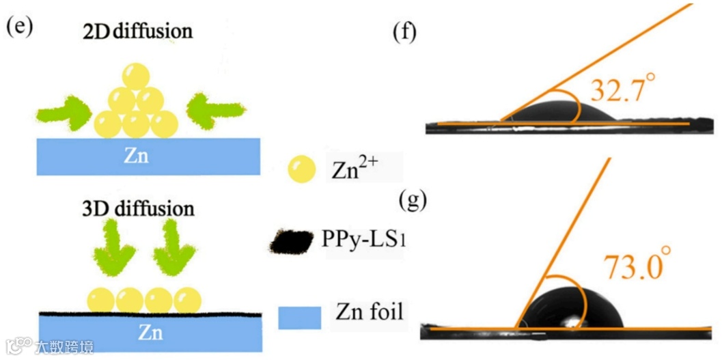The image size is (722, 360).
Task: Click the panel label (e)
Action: click(18, 27)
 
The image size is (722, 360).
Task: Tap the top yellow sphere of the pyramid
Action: click(136, 76)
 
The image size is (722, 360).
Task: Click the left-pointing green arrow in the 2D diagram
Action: click(214, 109)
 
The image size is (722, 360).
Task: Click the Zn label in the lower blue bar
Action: click(150, 333)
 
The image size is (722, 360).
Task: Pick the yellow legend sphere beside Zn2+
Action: click(301, 169)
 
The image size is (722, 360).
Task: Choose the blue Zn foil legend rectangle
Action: click(299, 318)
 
